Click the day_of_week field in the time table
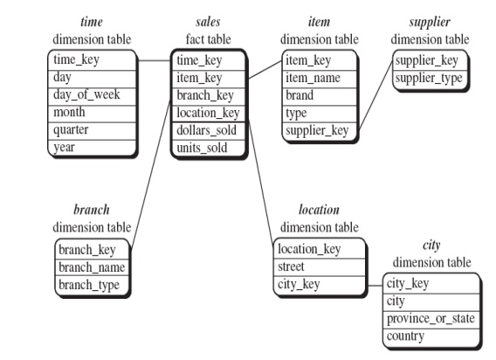click(x=85, y=94)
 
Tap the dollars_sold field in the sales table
click(x=207, y=129)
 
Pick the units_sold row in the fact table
click(x=202, y=147)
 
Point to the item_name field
click(x=312, y=77)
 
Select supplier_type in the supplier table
click(x=426, y=77)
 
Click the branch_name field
click(x=91, y=267)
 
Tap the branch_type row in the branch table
click(x=88, y=284)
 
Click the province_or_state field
click(x=431, y=318)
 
